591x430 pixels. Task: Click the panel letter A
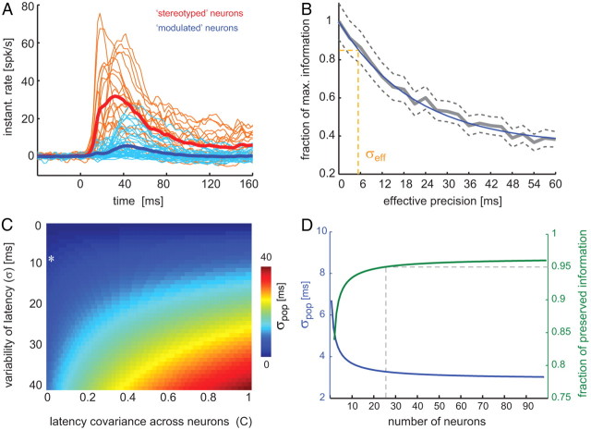pos(7,8)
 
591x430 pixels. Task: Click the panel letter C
pos(7,222)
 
